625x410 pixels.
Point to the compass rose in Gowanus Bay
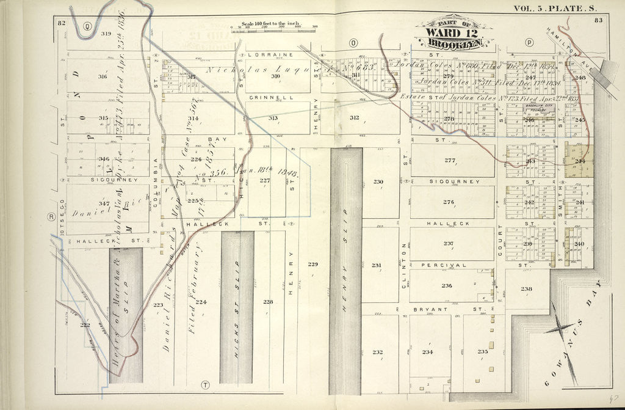(x=562, y=329)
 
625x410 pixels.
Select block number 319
(x=106, y=34)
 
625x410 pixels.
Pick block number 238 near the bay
(x=526, y=289)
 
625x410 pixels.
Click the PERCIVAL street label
(x=451, y=266)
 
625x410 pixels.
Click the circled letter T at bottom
(x=205, y=384)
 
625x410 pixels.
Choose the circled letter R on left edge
(x=52, y=216)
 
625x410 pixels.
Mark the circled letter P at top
(x=529, y=43)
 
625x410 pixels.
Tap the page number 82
(x=61, y=23)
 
